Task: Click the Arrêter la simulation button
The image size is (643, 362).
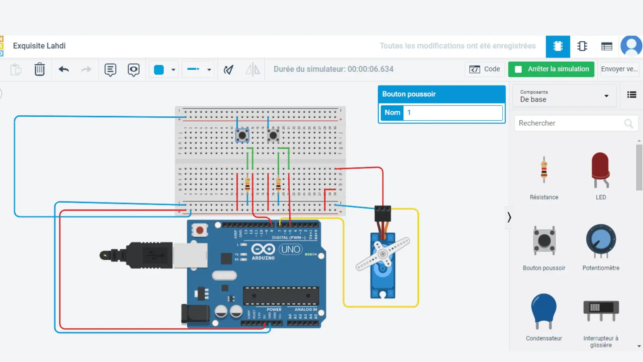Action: (551, 69)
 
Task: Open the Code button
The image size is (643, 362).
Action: (485, 69)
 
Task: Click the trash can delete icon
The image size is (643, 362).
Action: (40, 69)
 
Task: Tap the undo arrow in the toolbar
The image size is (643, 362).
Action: (64, 69)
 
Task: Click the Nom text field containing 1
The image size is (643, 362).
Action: (453, 113)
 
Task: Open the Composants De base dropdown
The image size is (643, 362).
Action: (564, 96)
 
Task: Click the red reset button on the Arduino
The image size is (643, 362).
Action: (200, 230)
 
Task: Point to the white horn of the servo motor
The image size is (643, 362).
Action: (382, 254)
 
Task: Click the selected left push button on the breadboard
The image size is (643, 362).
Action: (242, 135)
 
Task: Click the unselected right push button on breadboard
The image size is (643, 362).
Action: (273, 135)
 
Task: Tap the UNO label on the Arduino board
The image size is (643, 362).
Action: (290, 249)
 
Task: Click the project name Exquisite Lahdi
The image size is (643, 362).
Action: (39, 46)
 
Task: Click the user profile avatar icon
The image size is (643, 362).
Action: (631, 46)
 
